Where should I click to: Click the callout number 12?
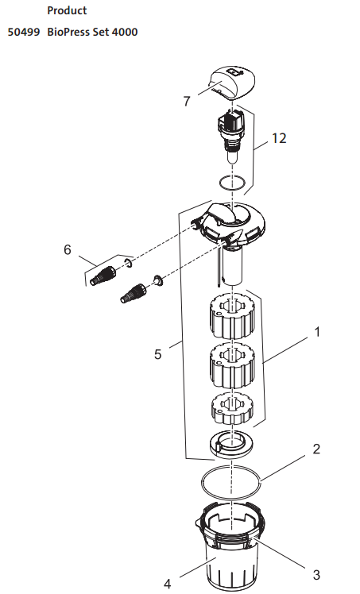pyautogui.click(x=278, y=138)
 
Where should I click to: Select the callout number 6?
pyautogui.click(x=68, y=250)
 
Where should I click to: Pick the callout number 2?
pyautogui.click(x=316, y=449)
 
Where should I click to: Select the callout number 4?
pyautogui.click(x=167, y=584)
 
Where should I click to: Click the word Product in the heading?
pyautogui.click(x=67, y=11)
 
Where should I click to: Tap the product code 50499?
pyautogui.click(x=24, y=35)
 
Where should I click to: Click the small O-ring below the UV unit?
pyautogui.click(x=232, y=184)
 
